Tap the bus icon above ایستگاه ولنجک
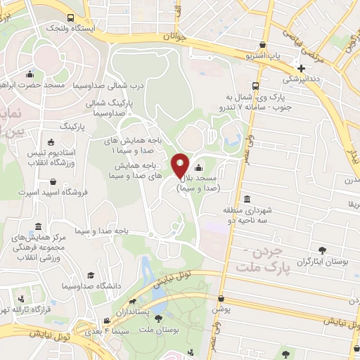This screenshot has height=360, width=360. pos(70,18)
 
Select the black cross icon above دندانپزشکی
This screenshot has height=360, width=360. pos(302,68)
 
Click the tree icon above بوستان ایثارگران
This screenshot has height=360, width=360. pos(323,250)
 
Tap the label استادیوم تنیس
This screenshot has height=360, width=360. pos(51,152)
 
